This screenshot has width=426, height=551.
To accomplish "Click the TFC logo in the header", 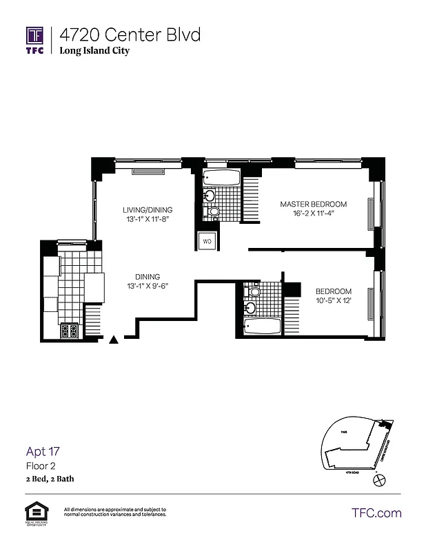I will pyautogui.click(x=35, y=40).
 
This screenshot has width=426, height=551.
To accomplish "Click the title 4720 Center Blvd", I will pyautogui.click(x=130, y=34).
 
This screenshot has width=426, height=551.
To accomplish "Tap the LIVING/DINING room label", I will pyautogui.click(x=148, y=210).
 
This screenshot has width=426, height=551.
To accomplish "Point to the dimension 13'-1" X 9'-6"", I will pyautogui.click(x=148, y=286).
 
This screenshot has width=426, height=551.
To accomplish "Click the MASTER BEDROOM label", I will pyautogui.click(x=313, y=204).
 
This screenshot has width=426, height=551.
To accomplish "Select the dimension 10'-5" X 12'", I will pyautogui.click(x=334, y=301).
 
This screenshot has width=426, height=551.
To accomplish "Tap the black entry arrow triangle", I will pyautogui.click(x=114, y=339).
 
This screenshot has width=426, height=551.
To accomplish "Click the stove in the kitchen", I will pyautogui.click(x=70, y=331).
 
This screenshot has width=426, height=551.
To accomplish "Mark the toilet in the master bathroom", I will pyautogui.click(x=214, y=211).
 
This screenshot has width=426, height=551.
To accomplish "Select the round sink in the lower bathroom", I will pyautogui.click(x=253, y=291).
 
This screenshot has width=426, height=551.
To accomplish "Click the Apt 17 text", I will pyautogui.click(x=43, y=452).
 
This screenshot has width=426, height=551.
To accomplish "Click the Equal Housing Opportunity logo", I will pyautogui.click(x=33, y=513).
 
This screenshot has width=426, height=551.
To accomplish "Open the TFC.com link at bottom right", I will pyautogui.click(x=376, y=512).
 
